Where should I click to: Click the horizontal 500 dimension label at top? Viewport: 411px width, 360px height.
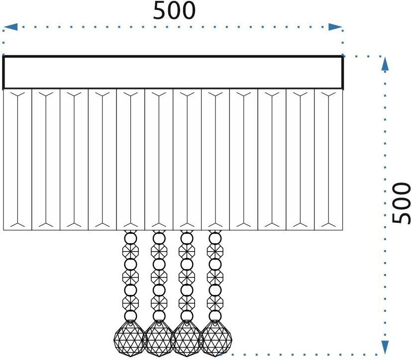(174, 10)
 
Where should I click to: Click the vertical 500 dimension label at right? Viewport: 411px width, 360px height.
(401, 203)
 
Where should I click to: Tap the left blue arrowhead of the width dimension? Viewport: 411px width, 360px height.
(10, 27)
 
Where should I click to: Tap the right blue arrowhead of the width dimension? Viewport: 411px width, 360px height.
(335, 27)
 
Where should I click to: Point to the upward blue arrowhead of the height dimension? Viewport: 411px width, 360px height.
(385, 64)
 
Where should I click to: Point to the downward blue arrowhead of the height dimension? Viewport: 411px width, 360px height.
(385, 347)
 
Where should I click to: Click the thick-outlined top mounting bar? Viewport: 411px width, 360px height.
(173, 72)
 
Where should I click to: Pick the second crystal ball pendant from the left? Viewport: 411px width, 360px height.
(159, 338)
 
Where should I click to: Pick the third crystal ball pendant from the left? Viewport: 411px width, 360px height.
(187, 338)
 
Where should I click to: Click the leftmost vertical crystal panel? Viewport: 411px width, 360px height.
(17, 160)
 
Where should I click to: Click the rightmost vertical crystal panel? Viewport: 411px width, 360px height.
(328, 160)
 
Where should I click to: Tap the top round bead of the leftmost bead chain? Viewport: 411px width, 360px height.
(130, 239)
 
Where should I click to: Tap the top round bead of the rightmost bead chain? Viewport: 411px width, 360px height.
(215, 239)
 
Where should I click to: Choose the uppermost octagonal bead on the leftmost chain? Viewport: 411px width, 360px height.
(130, 251)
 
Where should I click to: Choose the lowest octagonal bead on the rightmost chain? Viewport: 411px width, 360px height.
(215, 303)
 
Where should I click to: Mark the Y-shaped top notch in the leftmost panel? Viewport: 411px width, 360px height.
(17, 94)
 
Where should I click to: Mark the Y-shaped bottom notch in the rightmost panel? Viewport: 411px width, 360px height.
(328, 224)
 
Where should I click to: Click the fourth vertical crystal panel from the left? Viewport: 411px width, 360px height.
(102, 160)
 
